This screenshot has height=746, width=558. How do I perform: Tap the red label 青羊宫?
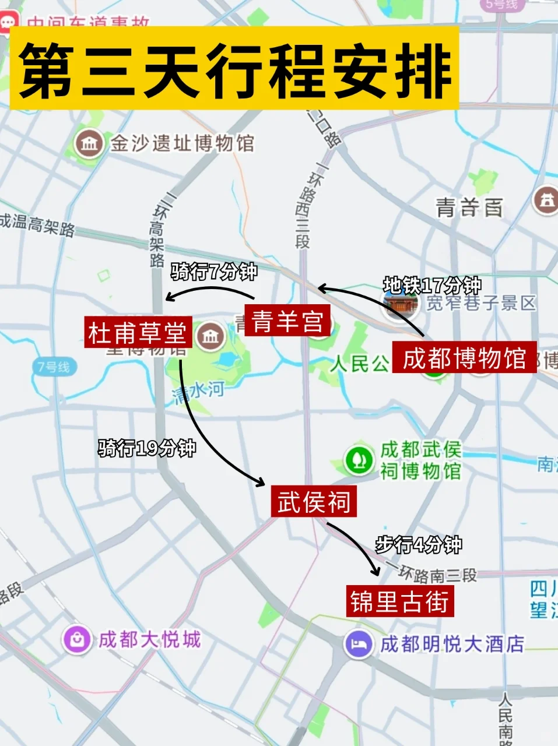tap(287, 321)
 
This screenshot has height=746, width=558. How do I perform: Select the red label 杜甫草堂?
tap(137, 333)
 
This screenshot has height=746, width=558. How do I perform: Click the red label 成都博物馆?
tap(464, 357)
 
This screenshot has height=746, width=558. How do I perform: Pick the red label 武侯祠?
tap(314, 501)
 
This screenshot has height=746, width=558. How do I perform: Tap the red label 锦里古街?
tap(399, 601)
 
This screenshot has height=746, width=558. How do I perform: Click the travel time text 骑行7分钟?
tap(214, 272)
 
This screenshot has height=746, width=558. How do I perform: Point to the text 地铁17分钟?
tap(432, 286)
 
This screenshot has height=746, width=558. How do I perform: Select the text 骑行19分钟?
tap(147, 448)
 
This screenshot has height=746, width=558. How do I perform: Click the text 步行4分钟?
tap(419, 545)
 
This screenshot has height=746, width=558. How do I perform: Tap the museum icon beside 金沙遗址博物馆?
tap(89, 143)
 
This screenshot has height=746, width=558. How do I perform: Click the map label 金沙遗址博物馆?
tap(183, 143)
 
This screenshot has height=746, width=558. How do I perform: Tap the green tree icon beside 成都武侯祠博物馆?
tap(359, 460)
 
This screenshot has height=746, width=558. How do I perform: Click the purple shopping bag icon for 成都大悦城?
tap(77, 640)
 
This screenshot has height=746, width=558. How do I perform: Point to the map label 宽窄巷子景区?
tap(480, 303)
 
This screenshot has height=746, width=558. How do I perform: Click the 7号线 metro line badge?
tap(54, 367)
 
